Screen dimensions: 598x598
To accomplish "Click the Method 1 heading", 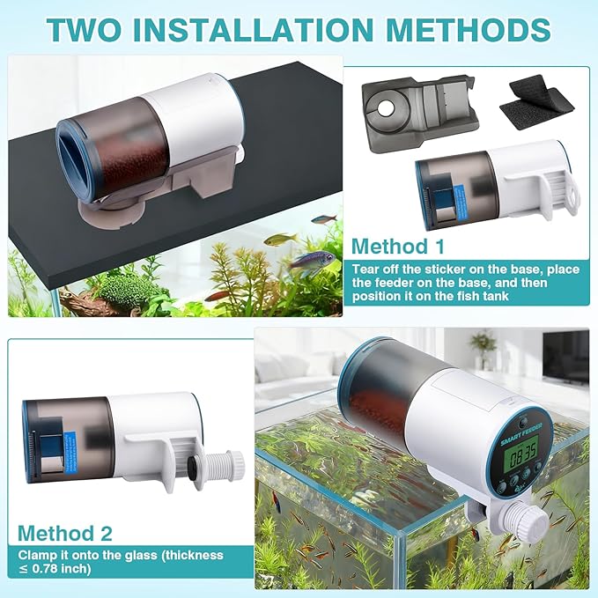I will pos(398,246).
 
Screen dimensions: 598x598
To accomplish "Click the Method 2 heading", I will pos(63,533).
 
